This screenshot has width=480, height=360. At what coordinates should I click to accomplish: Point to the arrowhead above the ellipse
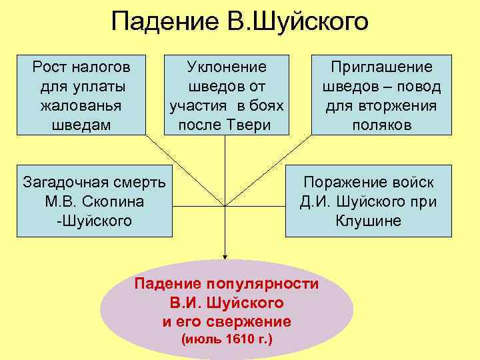(225, 255)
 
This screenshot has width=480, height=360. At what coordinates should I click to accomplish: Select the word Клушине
(369, 221)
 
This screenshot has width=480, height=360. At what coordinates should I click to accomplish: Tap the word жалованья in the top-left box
(80, 106)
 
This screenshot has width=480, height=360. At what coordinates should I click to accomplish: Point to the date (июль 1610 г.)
(227, 340)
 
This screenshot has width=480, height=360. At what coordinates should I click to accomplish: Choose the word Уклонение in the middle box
(227, 67)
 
